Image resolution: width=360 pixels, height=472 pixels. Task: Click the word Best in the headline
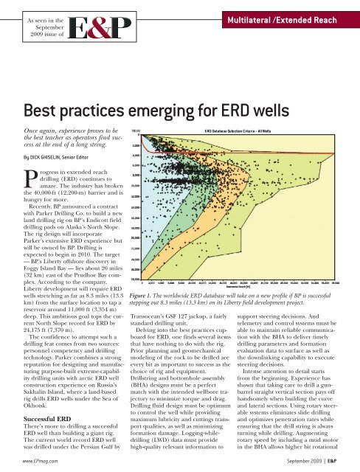(x=46, y=111)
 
